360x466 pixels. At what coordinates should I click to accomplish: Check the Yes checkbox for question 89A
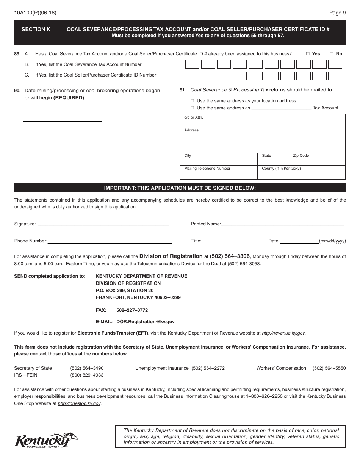(x=308, y=54)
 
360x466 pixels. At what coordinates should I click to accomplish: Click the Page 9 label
(x=337, y=13)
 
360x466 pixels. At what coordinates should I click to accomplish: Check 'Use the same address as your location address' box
(x=192, y=101)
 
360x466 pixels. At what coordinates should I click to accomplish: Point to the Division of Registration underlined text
(x=171, y=256)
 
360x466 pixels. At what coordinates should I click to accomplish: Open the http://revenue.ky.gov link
(x=283, y=333)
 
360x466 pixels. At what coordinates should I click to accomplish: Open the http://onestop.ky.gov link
(x=79, y=404)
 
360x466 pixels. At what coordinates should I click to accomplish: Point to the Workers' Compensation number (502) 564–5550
(x=329, y=368)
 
